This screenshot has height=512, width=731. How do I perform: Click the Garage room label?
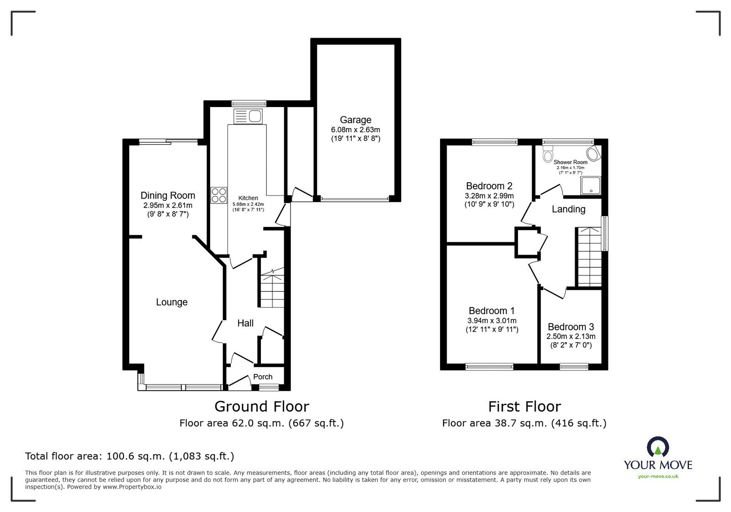[x=355, y=120]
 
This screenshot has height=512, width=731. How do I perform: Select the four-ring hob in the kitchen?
[x=219, y=195]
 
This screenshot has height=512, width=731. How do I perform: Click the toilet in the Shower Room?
[x=548, y=156]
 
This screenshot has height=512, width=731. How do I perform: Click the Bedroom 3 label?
[x=571, y=327]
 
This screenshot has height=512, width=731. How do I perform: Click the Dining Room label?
[x=168, y=196]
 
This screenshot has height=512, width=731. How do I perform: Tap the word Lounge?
[x=172, y=302]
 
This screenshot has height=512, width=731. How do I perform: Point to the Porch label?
[x=263, y=377]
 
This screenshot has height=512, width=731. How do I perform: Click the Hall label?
[x=245, y=323]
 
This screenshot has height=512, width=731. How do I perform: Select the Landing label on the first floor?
[x=568, y=209]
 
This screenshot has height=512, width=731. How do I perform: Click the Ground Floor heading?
[x=262, y=406]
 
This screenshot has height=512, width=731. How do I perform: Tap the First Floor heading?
[x=524, y=406]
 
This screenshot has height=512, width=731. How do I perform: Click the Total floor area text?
[x=130, y=456]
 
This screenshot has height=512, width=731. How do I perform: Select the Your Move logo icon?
[x=658, y=447]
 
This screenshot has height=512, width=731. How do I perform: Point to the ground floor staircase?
[x=272, y=290]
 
